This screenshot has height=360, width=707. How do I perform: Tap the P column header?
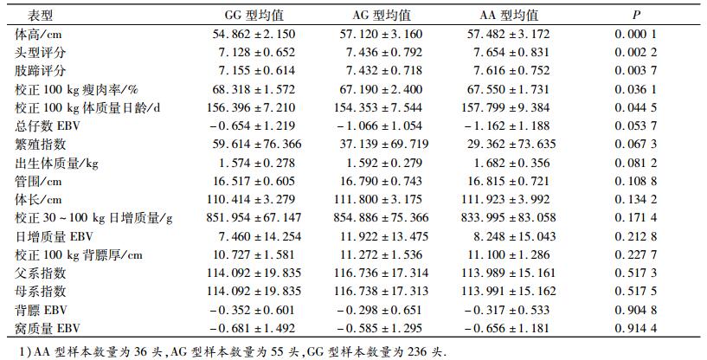coord(636,15)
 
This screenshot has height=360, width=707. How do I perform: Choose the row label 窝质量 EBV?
coord(48,329)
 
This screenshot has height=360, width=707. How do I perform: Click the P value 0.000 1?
coord(636,34)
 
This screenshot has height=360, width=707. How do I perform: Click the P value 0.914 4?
coord(636,329)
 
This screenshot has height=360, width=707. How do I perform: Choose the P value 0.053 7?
coord(636,125)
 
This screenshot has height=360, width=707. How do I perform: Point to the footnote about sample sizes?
coord(228,350)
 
